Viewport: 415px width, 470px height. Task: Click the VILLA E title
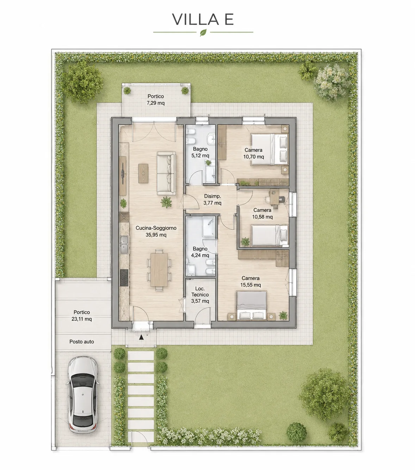pos(203,19)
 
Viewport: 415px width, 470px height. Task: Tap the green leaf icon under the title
pos(203,32)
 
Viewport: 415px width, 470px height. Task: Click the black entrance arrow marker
pos(141,337)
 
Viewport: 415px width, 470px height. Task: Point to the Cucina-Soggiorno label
pos(156,228)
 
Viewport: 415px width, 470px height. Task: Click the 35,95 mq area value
pos(156,235)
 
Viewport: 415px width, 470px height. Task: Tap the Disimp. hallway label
pos(212,196)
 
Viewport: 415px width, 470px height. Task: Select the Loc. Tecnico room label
pos(200,292)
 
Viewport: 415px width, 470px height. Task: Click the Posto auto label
pos(82,342)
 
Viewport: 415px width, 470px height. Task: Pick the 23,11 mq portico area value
pos(82,319)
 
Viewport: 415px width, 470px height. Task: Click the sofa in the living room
pos(166,173)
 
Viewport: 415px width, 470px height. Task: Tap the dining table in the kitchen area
pos(159,270)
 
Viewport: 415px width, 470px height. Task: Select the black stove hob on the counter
pos(124,278)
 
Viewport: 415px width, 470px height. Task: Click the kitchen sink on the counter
pos(124,245)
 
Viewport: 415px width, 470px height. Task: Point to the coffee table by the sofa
pos(143,174)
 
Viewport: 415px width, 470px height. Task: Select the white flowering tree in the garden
pos(332,83)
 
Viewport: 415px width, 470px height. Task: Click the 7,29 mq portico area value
pos(155,103)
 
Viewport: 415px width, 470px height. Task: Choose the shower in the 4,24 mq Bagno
pos(209,226)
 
